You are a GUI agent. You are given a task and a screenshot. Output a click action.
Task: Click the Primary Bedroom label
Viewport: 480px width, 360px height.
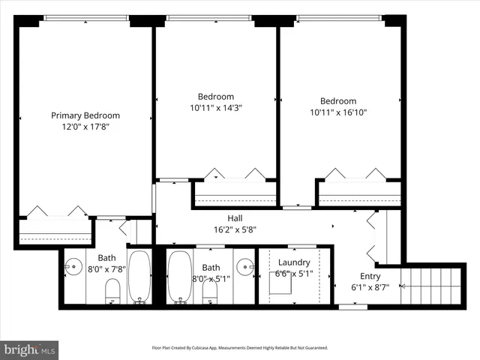pos(85,115)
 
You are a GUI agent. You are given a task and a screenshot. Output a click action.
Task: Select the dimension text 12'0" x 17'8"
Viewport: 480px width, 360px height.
pos(85,127)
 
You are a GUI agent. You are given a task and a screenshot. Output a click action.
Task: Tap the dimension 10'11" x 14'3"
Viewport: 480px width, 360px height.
pos(216,108)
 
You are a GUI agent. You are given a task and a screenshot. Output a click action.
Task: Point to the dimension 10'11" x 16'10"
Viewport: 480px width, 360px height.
pos(338,113)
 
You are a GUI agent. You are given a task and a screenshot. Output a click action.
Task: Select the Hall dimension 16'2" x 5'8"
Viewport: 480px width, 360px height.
pos(235,230)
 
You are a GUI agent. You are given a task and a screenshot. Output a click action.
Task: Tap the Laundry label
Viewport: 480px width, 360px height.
pos(294,262)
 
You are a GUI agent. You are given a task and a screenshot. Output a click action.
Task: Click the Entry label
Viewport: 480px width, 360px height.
pos(370,276)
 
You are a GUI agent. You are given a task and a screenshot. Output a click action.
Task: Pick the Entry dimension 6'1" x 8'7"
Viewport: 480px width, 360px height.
pos(370,287)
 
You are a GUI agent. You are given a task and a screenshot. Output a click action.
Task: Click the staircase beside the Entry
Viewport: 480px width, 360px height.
pos(430,286)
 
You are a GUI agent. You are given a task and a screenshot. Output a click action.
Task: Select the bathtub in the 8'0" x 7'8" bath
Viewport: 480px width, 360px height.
pos(139,276)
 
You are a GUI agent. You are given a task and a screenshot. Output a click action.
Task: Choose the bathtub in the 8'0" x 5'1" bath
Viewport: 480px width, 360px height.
pos(178,276)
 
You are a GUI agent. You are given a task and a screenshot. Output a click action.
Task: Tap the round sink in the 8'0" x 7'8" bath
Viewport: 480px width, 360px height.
pos(73,265)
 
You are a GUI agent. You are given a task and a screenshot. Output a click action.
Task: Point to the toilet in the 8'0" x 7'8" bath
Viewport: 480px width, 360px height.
pos(112,291)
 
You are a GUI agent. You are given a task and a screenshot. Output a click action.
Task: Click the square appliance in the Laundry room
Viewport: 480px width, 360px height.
pos(283,283)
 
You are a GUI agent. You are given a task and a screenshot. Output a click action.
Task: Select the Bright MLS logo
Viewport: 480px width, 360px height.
pos(30,349)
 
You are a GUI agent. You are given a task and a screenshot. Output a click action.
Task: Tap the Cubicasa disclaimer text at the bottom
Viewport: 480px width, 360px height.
pos(239,348)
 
